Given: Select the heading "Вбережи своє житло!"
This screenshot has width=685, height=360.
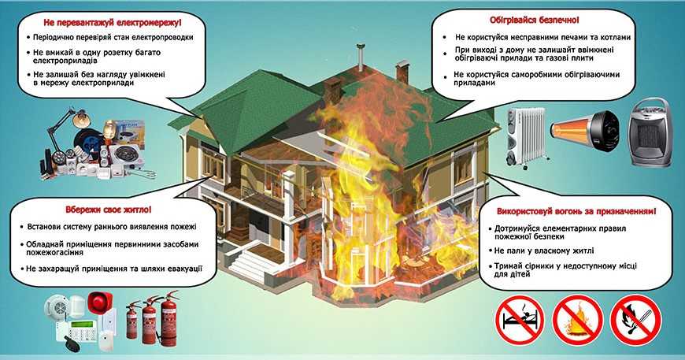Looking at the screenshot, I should point(108,210).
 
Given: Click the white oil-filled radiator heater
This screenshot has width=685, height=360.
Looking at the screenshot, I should point(526,135).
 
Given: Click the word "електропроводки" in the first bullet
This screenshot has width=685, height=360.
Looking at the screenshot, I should point(160,38).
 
